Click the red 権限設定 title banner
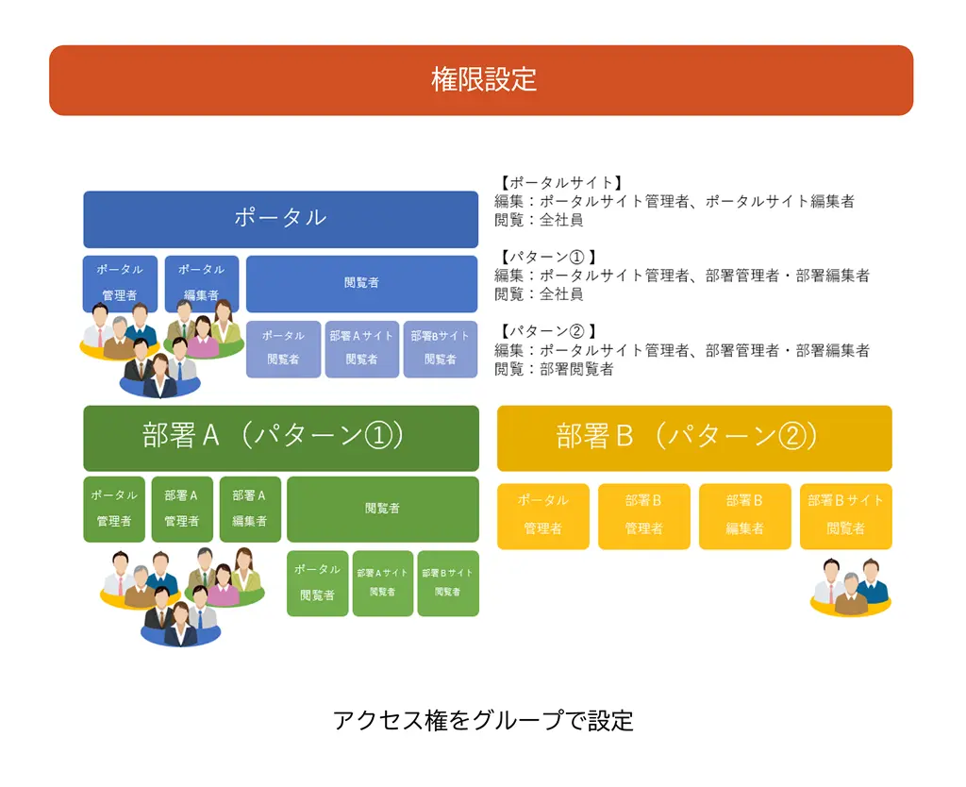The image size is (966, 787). click(481, 80)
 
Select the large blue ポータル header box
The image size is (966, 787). click(281, 220)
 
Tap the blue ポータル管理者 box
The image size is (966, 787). click(120, 283)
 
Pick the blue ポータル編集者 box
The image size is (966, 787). click(202, 283)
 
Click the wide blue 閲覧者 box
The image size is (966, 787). click(361, 283)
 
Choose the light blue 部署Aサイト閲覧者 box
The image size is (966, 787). click(361, 349)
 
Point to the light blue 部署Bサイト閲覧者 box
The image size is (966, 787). click(441, 349)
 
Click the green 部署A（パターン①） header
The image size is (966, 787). click(281, 438)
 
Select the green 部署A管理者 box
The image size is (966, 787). click(182, 509)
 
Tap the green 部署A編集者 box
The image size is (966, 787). click(250, 509)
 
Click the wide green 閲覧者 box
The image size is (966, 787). click(383, 509)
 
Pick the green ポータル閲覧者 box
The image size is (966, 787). click(317, 583)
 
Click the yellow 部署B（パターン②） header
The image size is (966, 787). click(694, 438)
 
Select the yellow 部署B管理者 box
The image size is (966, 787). click(643, 516)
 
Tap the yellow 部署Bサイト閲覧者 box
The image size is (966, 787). click(846, 516)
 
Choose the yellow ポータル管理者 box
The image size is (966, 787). click(542, 516)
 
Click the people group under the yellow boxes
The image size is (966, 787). click(851, 587)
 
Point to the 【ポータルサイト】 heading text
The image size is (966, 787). click(560, 183)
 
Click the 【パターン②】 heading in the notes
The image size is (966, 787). click(547, 331)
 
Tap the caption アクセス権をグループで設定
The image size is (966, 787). click(483, 720)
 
